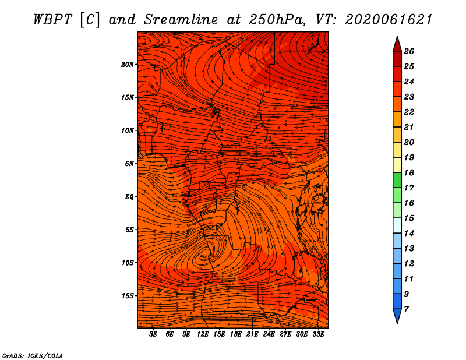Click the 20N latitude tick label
pyautogui.click(x=127, y=65)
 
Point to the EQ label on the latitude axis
pyautogui.click(x=129, y=197)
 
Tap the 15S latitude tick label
pyautogui.click(x=127, y=296)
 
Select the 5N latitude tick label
pyautogui.click(x=129, y=164)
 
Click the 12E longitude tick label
pyautogui.click(x=203, y=334)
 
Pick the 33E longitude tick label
pyautogui.click(x=318, y=334)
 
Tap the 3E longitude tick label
pyautogui.click(x=153, y=334)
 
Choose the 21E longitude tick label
pyautogui.click(x=252, y=334)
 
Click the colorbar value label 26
pyautogui.click(x=409, y=51)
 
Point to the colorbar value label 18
pyautogui.click(x=409, y=172)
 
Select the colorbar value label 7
pyautogui.click(x=406, y=309)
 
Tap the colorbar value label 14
pyautogui.click(x=409, y=234)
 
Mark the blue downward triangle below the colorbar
pyautogui.click(x=397, y=315)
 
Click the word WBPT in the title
pyautogui.click(x=53, y=20)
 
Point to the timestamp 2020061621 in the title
pyautogui.click(x=389, y=20)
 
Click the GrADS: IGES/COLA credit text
pyautogui.click(x=33, y=355)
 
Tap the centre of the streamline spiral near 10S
pyautogui.click(x=205, y=256)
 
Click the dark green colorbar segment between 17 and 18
pyautogui.click(x=397, y=180)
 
